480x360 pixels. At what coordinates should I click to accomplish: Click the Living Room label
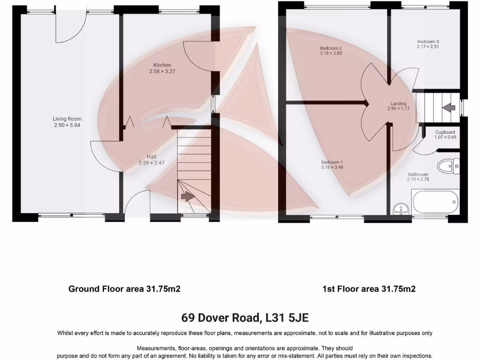tap(67, 119)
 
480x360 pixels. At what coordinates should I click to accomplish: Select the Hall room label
tap(151, 157)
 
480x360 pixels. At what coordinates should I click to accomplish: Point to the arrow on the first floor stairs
tap(449, 108)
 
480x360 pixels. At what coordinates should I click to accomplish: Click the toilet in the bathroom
tap(448, 165)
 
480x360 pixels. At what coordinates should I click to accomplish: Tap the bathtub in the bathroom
tap(435, 202)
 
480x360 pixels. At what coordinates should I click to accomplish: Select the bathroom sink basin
tap(400, 208)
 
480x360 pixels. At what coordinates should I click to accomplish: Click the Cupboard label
tap(445, 132)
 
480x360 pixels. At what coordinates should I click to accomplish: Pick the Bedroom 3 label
tap(427, 41)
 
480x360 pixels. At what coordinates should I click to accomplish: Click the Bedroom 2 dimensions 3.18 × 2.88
tap(331, 53)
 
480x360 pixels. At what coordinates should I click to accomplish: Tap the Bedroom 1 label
tap(331, 162)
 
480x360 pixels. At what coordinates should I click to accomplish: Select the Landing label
tap(398, 104)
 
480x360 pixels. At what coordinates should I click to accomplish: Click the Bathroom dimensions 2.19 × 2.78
tap(417, 180)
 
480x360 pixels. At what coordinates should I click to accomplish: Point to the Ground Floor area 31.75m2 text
tap(124, 289)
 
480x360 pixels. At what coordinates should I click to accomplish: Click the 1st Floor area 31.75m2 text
tap(368, 289)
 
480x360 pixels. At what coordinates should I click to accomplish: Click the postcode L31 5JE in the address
tap(286, 318)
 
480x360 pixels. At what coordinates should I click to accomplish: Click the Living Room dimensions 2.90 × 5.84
tap(67, 125)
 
